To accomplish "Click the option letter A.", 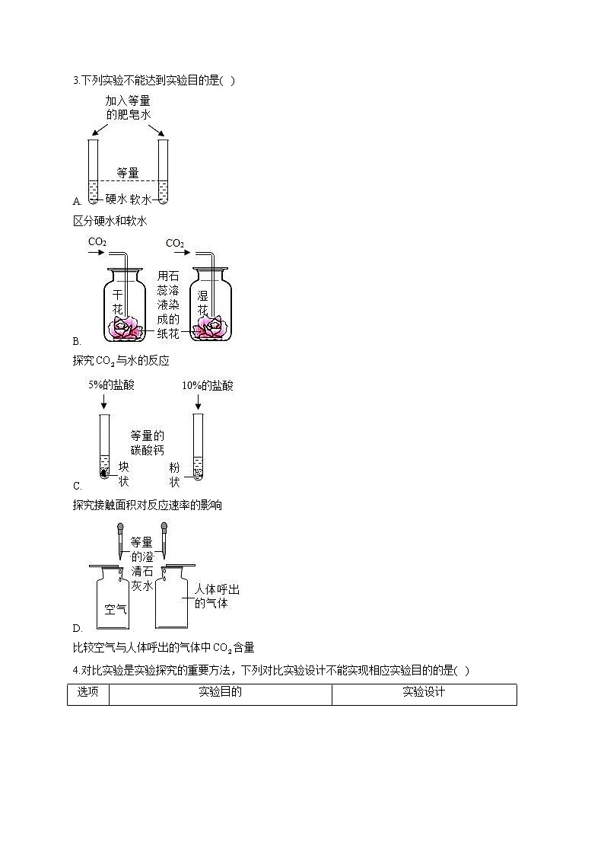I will [x=77, y=202].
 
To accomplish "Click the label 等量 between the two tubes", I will [x=128, y=173].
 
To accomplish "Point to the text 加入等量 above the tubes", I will [x=129, y=100].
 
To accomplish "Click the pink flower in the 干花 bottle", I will [x=126, y=328].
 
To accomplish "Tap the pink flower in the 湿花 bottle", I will [x=211, y=328].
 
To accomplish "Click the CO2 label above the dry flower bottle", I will [x=97, y=242].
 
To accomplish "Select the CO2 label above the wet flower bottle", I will [x=175, y=243].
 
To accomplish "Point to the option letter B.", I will [x=77, y=341].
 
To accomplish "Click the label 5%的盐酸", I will [x=111, y=385].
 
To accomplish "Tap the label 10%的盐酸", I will [x=208, y=385].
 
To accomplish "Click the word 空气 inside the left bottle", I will [x=116, y=609].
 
